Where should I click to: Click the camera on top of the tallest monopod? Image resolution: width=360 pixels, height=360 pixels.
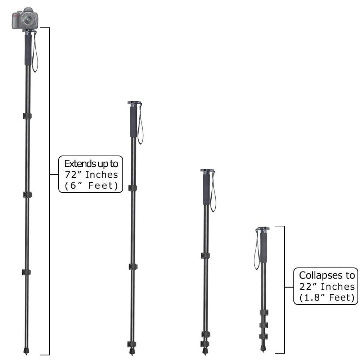25,18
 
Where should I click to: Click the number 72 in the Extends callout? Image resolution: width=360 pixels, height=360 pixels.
70,175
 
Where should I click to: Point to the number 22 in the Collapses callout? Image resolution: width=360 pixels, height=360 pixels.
305,287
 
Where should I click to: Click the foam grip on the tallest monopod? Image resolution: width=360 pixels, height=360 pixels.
28,50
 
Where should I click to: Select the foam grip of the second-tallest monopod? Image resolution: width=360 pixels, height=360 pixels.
134,122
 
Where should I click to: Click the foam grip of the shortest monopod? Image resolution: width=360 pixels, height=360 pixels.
264,248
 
